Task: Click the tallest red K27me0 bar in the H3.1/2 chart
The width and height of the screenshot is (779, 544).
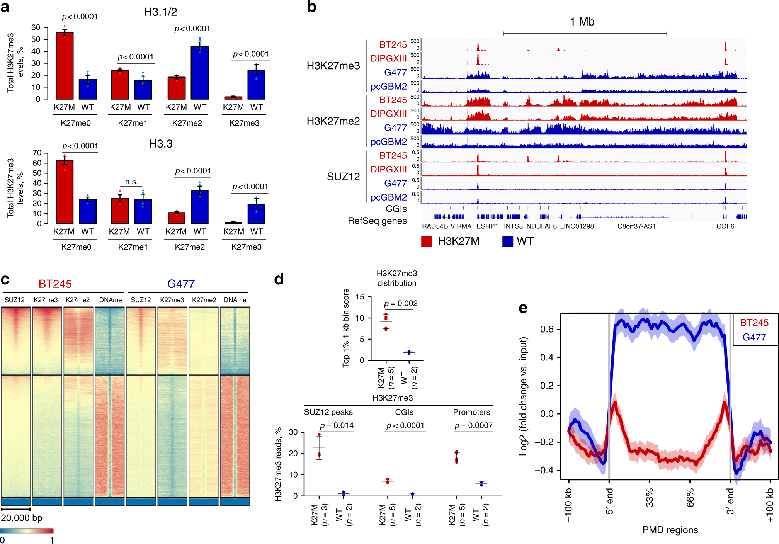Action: pyautogui.click(x=65, y=66)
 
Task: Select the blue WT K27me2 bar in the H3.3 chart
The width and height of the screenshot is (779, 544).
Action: pyautogui.click(x=199, y=207)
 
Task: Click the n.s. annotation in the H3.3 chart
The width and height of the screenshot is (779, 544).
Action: pyautogui.click(x=131, y=182)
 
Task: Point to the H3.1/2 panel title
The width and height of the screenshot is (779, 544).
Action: pyautogui.click(x=160, y=12)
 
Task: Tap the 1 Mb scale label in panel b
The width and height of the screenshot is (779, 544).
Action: pyautogui.click(x=582, y=22)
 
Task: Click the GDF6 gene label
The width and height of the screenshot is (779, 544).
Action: pyautogui.click(x=725, y=226)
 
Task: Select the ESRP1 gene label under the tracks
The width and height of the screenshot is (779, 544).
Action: pyautogui.click(x=487, y=226)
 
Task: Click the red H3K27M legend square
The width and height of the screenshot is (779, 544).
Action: pyautogui.click(x=427, y=241)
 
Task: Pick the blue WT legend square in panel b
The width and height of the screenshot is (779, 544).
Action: pyautogui.click(x=507, y=241)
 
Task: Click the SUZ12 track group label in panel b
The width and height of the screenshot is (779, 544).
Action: pyautogui.click(x=343, y=177)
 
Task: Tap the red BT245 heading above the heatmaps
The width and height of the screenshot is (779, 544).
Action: pyautogui.click(x=55, y=284)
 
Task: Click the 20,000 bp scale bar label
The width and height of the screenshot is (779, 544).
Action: pyautogui.click(x=22, y=518)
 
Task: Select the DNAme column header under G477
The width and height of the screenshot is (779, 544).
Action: pyautogui.click(x=235, y=300)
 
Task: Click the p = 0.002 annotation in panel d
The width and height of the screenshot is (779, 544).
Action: pyautogui.click(x=401, y=303)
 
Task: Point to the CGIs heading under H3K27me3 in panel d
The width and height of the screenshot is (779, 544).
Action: pyautogui.click(x=404, y=412)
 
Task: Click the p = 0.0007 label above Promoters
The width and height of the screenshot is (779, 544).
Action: pyautogui.click(x=473, y=425)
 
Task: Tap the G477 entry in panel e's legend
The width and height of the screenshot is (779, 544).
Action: pyautogui.click(x=754, y=337)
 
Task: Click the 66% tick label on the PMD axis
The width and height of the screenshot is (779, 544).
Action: pyautogui.click(x=690, y=498)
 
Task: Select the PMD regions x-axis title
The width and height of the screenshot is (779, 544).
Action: pyautogui.click(x=670, y=530)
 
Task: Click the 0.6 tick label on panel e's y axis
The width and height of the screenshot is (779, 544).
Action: pyautogui.click(x=547, y=329)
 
